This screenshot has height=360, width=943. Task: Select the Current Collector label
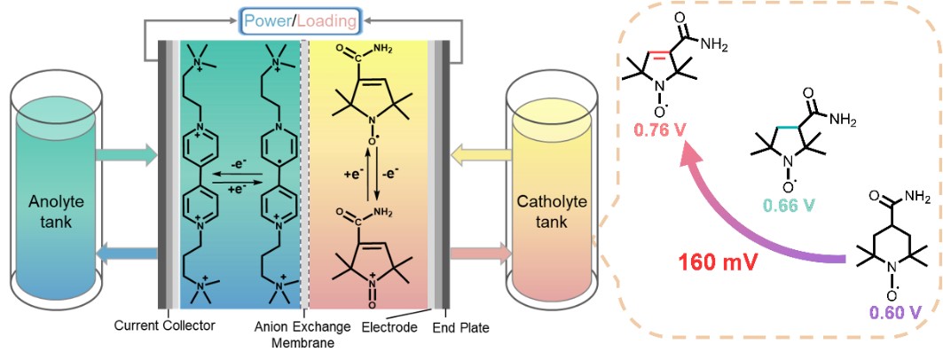[165, 325]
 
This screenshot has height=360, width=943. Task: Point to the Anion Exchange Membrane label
[303, 333]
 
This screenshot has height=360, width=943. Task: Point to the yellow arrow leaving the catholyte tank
[483, 157]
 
